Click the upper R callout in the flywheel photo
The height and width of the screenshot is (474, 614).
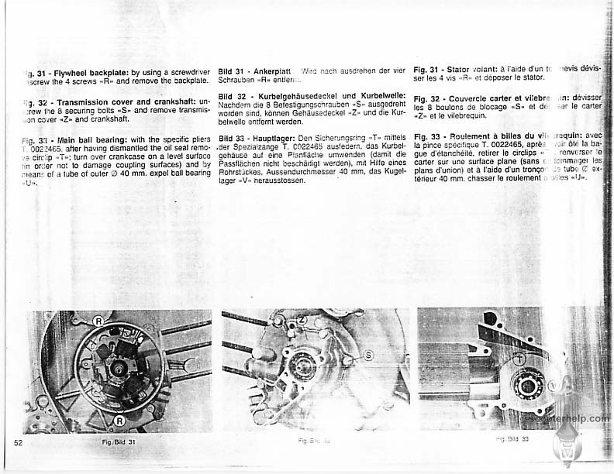[x=98, y=321]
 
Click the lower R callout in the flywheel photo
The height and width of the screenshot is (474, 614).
[x=121, y=421]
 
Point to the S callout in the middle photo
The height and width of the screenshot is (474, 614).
[x=370, y=354]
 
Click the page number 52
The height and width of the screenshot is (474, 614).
[x=19, y=441]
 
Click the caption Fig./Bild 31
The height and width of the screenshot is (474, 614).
[x=119, y=441]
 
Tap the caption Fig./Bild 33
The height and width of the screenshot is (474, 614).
[x=512, y=439]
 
